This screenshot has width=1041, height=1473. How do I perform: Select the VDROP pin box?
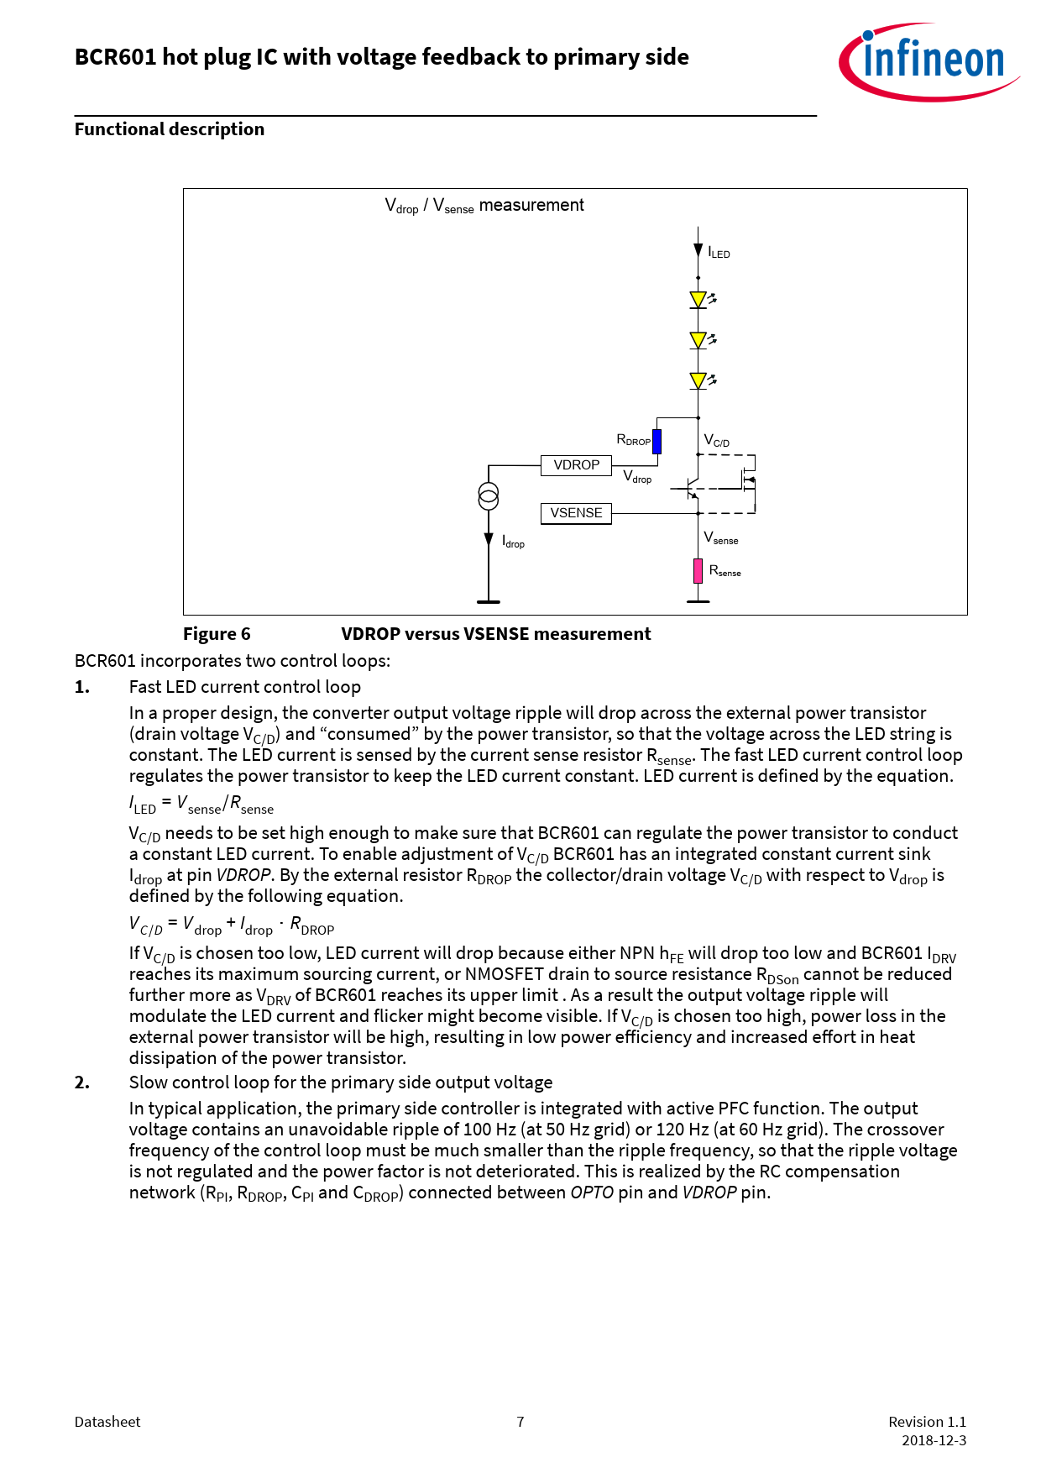tap(576, 465)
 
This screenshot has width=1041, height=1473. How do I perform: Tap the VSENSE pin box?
tap(576, 513)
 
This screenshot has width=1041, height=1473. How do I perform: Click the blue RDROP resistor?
tap(657, 441)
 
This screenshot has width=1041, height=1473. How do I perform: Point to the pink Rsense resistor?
tap(698, 571)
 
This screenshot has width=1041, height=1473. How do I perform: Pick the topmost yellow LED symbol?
tap(698, 300)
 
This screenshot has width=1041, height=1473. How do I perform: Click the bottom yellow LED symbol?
tap(698, 380)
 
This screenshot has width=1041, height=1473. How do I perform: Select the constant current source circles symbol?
tap(489, 496)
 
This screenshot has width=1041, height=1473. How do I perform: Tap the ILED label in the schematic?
tap(719, 253)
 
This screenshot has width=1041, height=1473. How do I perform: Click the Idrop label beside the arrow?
tap(513, 543)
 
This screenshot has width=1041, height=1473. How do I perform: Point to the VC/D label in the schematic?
tap(716, 441)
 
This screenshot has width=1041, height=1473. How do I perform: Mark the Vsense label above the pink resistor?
tap(720, 538)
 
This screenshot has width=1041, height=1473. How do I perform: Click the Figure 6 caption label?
tap(217, 634)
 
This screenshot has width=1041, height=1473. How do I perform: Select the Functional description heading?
tap(170, 129)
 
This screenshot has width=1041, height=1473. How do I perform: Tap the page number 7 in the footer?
tap(520, 1422)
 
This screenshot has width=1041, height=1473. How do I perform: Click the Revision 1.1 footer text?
tap(927, 1422)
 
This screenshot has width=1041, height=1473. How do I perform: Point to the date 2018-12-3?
tap(934, 1440)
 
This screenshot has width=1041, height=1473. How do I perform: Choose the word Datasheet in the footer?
tap(107, 1422)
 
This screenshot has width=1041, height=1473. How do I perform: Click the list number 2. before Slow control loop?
tap(82, 1082)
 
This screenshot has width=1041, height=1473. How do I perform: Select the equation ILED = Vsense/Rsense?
tap(201, 805)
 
